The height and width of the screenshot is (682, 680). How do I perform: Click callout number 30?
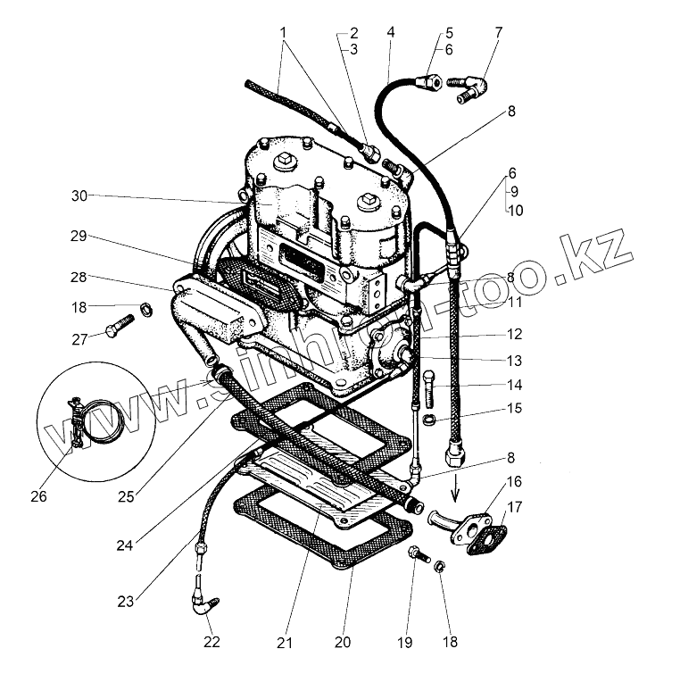pos(80,195)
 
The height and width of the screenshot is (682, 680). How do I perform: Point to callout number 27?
pos(79,338)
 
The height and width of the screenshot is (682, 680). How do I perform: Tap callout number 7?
pos(498,32)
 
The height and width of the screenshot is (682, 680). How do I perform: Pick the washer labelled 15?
pos(430,420)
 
